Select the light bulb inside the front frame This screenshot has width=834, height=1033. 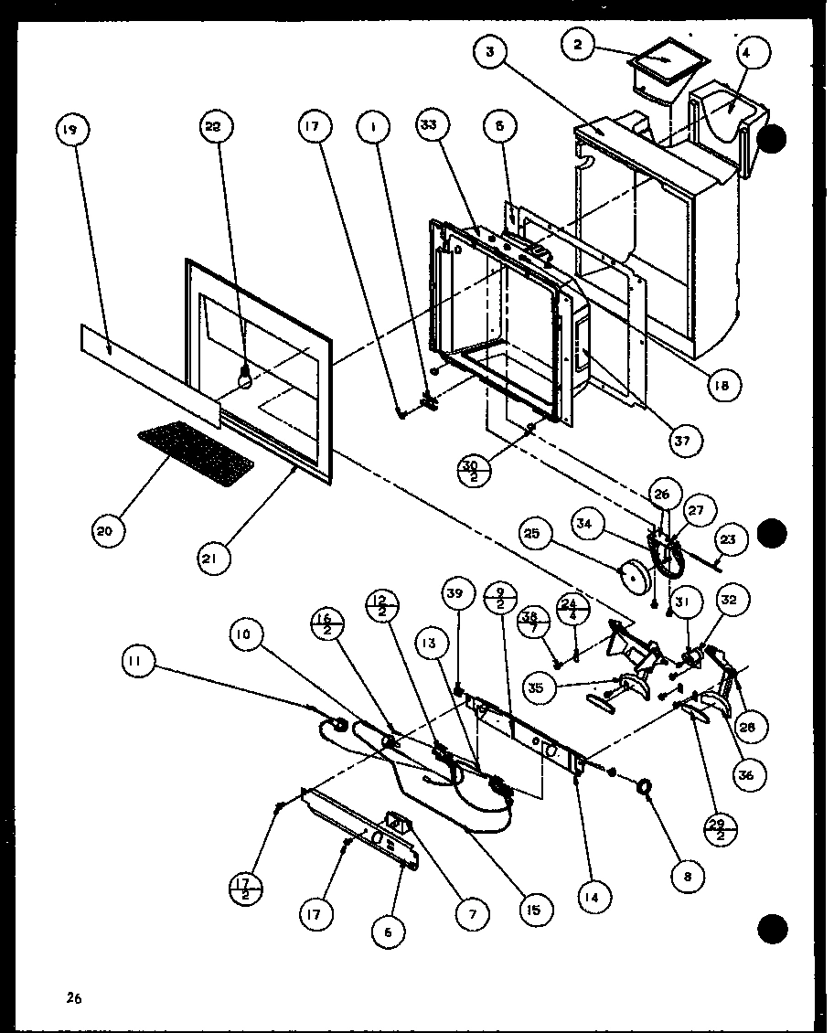point(244,376)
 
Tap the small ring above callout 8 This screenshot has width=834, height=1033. point(647,785)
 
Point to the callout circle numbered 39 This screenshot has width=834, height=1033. point(456,594)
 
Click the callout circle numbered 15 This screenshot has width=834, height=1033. point(533,909)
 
